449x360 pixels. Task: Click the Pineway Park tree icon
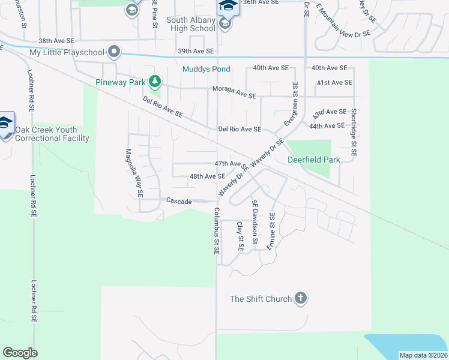(155, 81)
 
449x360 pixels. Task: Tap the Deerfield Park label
(313, 160)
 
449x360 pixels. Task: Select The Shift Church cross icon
(301, 298)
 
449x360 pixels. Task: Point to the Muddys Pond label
(206, 69)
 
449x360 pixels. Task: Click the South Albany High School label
(190, 25)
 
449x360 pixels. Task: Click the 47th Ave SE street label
(231, 163)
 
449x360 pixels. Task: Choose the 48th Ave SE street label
(207, 176)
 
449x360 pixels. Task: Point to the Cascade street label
(179, 202)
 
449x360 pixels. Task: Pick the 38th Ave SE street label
(56, 41)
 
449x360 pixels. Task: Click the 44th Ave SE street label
(328, 126)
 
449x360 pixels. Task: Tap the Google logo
(20, 353)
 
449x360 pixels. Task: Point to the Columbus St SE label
(216, 232)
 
